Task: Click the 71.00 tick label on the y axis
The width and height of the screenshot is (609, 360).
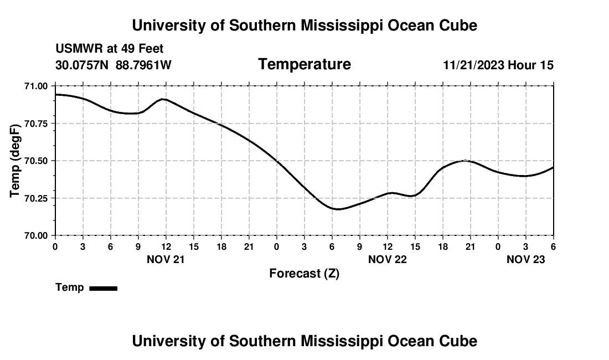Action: (x=36, y=86)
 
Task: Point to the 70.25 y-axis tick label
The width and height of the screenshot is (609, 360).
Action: (x=36, y=198)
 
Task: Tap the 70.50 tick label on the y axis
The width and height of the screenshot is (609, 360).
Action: (x=36, y=161)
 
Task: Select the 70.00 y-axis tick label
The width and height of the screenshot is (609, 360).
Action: (x=36, y=235)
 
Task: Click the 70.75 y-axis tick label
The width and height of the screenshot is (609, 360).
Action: (x=36, y=124)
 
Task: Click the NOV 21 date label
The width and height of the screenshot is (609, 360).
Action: (x=166, y=259)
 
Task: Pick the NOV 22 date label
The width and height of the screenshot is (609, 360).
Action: (x=388, y=259)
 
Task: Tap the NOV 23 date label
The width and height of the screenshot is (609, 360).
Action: (x=526, y=259)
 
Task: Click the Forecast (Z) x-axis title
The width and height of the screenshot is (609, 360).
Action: (x=304, y=274)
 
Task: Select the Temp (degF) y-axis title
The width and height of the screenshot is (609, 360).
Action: (x=16, y=161)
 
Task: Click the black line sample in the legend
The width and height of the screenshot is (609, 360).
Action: (x=103, y=288)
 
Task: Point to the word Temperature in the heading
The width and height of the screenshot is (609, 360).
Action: (x=304, y=64)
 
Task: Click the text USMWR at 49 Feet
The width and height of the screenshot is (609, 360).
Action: (x=110, y=49)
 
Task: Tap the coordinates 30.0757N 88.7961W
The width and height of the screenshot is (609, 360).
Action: (x=113, y=65)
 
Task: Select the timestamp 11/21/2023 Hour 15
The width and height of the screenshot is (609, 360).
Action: (x=498, y=65)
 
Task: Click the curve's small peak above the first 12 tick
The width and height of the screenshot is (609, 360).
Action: (x=163, y=99)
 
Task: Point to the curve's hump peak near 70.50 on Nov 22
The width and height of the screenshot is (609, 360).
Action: (x=466, y=161)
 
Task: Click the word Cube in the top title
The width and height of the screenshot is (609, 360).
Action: (x=457, y=25)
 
